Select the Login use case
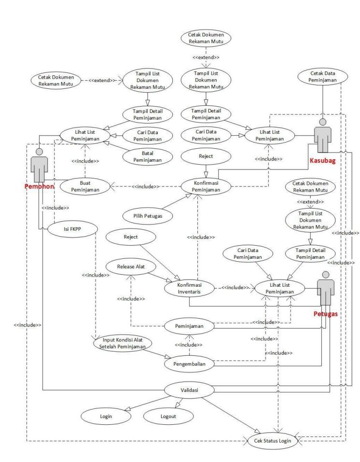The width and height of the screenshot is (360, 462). point(106,416)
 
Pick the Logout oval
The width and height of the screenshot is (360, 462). point(167,416)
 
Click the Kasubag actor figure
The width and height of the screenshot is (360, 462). point(322,135)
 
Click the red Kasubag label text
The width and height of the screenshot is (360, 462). point(322,161)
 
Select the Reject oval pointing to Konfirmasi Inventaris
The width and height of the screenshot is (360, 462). point(131,237)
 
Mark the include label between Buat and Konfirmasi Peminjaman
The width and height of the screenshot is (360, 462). point(146,186)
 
